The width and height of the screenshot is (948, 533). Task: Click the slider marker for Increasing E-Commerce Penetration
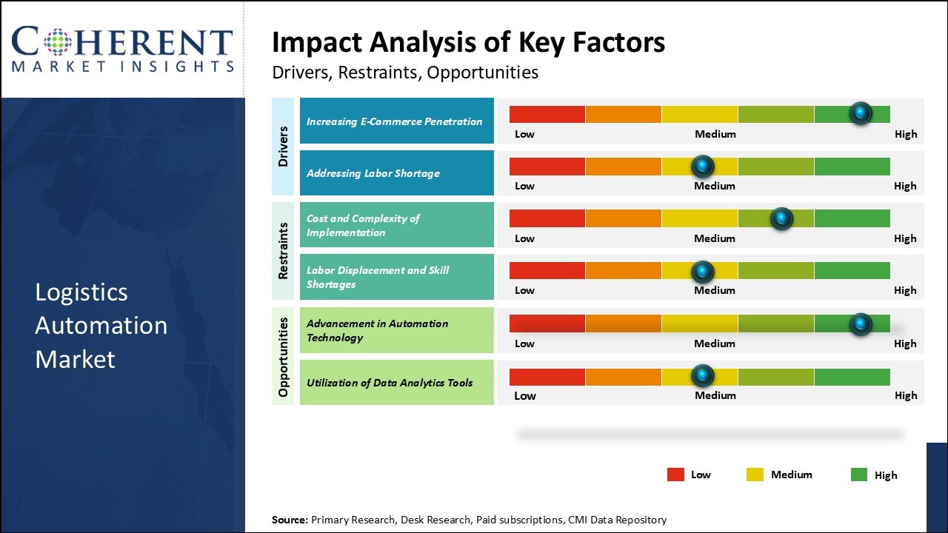coord(861,113)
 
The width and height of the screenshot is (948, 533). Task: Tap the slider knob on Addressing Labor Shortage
coord(702,166)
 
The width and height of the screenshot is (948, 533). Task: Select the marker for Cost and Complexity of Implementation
coord(781,218)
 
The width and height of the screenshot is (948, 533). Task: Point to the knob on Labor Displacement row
coord(702,272)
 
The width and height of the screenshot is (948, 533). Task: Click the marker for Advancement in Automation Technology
coord(861,324)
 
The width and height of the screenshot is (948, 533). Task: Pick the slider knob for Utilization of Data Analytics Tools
coord(702,376)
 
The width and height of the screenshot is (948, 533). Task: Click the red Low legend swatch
coord(675,475)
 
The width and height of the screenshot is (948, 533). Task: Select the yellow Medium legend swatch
coord(755,475)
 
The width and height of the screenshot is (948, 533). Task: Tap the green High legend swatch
coord(859,475)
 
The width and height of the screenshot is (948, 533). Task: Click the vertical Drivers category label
coord(283,146)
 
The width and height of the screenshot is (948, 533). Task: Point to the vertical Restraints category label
coord(283,250)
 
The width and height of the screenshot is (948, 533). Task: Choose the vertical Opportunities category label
coord(283,356)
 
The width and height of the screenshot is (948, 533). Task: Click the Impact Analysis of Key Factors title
coord(468,42)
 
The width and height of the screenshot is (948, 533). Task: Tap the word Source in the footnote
coord(288,520)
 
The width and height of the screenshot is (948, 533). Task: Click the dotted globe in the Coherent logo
coord(58,41)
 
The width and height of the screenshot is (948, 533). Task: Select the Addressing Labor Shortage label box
coord(396,173)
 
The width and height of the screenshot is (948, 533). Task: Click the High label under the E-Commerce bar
coord(905,134)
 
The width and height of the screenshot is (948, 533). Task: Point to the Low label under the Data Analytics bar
coord(525,395)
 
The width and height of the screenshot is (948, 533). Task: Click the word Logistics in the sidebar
coord(81,292)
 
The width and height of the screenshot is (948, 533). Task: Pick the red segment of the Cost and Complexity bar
coord(547,218)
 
